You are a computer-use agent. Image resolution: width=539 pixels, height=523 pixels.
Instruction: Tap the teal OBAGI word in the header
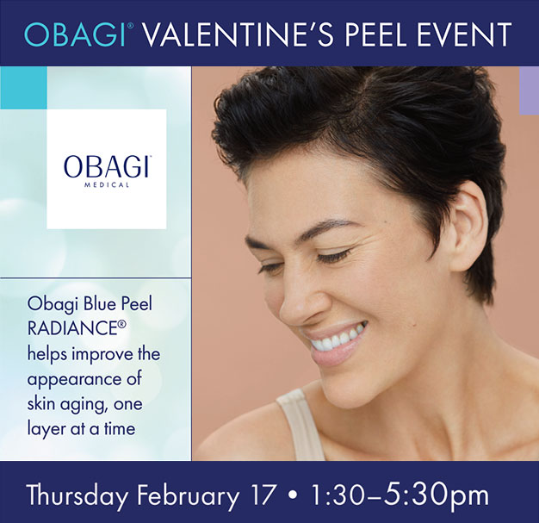pyautogui.click(x=74, y=34)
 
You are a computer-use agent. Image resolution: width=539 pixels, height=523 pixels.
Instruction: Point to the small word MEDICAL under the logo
pyautogui.click(x=107, y=184)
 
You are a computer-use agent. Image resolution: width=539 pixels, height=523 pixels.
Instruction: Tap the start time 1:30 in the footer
pyautogui.click(x=337, y=495)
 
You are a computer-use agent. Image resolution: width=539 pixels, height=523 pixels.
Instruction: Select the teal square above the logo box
pyautogui.click(x=23, y=88)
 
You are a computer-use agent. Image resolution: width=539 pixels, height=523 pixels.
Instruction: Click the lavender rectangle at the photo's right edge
pyautogui.click(x=529, y=90)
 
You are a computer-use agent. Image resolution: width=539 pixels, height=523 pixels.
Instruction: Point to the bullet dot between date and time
pyautogui.click(x=294, y=495)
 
